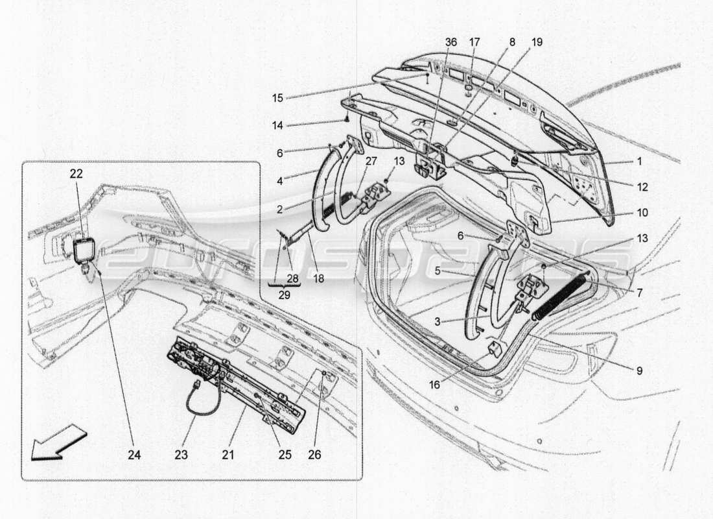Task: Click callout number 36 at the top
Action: pos(450,42)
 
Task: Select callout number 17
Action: pos(474,42)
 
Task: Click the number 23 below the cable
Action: pos(181,455)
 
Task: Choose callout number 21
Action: pos(228,455)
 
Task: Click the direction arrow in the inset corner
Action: pos(58,442)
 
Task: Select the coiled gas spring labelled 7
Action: pos(562,296)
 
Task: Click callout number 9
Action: pos(638,371)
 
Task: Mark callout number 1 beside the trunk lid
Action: pos(642,162)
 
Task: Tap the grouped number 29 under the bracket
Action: pos(285,295)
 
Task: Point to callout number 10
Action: pos(642,212)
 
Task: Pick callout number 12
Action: pos(642,187)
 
